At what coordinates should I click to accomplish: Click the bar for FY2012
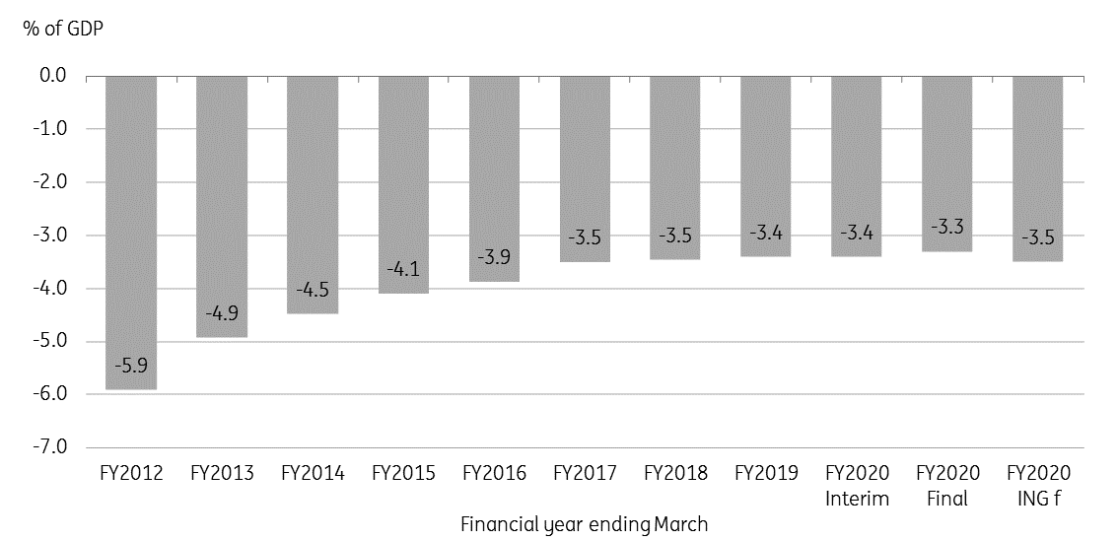pyautogui.click(x=131, y=233)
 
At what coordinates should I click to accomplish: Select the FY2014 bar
pyautogui.click(x=313, y=194)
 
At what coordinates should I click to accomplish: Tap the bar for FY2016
pyautogui.click(x=494, y=178)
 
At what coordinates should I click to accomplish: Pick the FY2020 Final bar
pyautogui.click(x=946, y=164)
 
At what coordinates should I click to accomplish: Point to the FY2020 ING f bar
pyautogui.click(x=1037, y=169)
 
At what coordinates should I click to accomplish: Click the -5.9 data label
pyautogui.click(x=131, y=367)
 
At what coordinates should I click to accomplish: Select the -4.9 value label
pyautogui.click(x=222, y=313)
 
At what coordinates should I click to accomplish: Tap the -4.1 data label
pyautogui.click(x=403, y=270)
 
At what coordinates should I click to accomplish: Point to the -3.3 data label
pyautogui.click(x=946, y=228)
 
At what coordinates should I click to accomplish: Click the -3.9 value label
pyautogui.click(x=494, y=257)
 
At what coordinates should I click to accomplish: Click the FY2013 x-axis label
pyautogui.click(x=222, y=474)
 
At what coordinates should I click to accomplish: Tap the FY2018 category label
pyautogui.click(x=675, y=474)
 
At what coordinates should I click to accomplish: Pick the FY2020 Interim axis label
pyautogui.click(x=857, y=486)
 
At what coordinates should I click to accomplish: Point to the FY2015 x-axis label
pyautogui.click(x=403, y=474)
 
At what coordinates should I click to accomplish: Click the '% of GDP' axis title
pyautogui.click(x=63, y=30)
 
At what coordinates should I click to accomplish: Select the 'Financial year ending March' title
pyautogui.click(x=584, y=525)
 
